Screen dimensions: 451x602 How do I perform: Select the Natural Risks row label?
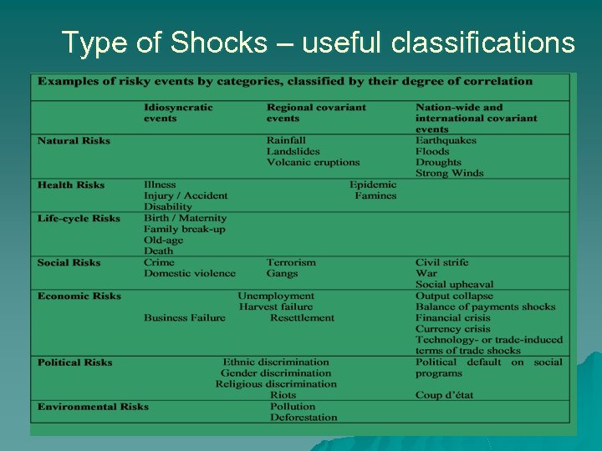[x=74, y=140]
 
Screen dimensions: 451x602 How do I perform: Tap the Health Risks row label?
[x=71, y=185]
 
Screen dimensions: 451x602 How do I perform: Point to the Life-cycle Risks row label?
[x=79, y=219]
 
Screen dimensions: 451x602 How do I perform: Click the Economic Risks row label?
[x=79, y=296]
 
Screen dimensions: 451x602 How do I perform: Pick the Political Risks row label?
[x=74, y=362]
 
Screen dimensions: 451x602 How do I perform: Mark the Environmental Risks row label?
[x=93, y=407]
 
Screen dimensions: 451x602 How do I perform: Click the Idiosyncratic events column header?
[x=178, y=113]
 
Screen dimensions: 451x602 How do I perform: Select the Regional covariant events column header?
[x=316, y=113]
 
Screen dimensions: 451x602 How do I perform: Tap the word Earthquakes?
[x=446, y=140]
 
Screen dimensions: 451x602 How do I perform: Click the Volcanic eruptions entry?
[x=313, y=163]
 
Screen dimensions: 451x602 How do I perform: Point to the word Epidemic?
[x=373, y=185]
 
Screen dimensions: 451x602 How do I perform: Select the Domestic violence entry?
[x=189, y=273]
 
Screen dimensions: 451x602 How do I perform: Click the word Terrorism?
[x=291, y=262]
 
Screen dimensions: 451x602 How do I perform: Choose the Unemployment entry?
[x=276, y=296]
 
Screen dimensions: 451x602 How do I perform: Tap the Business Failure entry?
[x=184, y=317]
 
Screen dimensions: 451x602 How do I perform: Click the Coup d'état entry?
[x=444, y=395]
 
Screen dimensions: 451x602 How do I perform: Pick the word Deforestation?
[x=304, y=418]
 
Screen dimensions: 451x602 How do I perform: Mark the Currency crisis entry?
[x=452, y=329]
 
